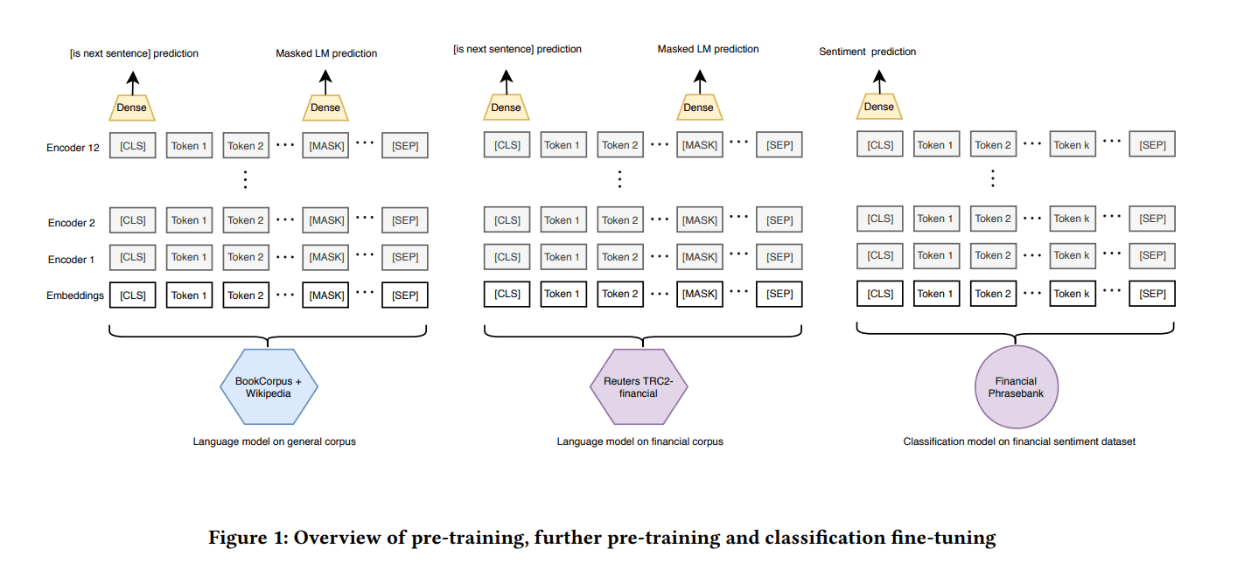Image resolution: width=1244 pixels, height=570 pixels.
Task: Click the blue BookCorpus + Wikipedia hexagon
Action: (268, 387)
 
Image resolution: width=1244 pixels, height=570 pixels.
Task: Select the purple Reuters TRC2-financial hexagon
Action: (639, 386)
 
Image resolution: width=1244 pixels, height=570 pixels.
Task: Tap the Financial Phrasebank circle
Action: (1016, 386)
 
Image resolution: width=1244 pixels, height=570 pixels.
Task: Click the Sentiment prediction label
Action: (867, 52)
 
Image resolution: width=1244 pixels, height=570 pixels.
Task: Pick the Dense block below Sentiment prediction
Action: (878, 107)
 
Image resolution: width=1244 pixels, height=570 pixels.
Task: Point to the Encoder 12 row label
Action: (73, 147)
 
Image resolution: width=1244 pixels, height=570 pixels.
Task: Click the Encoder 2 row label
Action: (71, 222)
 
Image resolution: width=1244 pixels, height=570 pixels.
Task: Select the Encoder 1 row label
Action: (71, 259)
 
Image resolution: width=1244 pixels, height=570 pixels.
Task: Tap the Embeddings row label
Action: (74, 295)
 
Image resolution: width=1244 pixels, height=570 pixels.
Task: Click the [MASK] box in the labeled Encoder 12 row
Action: (326, 146)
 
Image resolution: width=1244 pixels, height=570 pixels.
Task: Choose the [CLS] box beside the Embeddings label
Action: (133, 295)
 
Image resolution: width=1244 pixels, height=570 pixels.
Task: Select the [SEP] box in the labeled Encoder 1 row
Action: (405, 257)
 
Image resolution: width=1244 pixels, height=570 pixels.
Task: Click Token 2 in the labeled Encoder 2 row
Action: (246, 220)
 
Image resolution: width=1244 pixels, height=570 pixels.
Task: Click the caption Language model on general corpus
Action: (274, 441)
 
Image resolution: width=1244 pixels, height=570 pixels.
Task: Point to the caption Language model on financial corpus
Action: (639, 441)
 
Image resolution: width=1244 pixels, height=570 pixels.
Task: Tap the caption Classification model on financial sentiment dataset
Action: (1019, 441)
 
